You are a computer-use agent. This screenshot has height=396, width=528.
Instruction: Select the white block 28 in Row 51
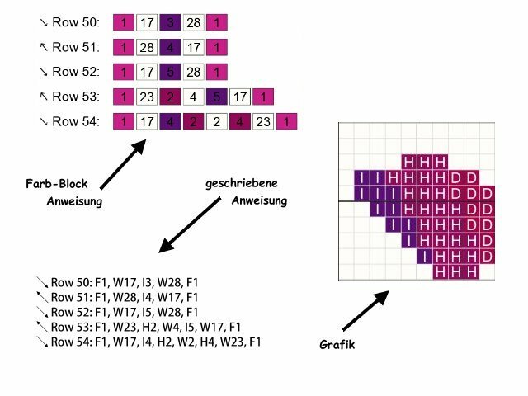(x=148, y=47)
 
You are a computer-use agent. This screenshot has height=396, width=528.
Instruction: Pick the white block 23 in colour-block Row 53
(x=148, y=97)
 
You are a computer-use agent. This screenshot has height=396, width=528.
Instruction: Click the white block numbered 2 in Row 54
(x=217, y=122)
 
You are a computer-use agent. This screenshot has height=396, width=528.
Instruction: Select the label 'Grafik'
(x=337, y=345)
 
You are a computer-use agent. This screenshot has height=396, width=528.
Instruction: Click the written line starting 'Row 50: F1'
(x=124, y=283)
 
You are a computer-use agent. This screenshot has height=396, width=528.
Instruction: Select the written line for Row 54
(x=155, y=342)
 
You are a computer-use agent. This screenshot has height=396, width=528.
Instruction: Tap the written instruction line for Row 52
(x=124, y=312)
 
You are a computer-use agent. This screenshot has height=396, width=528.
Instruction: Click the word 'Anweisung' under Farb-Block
(x=74, y=200)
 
